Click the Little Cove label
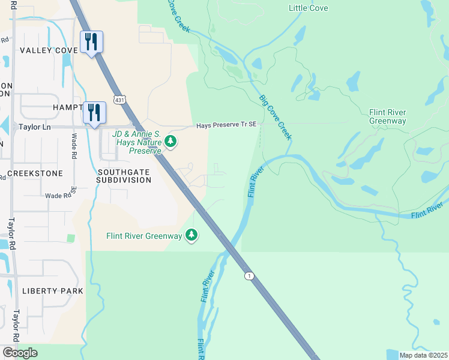tap(309, 8)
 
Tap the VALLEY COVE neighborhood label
tap(49, 50)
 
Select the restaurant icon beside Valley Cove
tap(91, 43)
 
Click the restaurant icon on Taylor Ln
tap(95, 113)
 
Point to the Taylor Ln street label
tap(34, 127)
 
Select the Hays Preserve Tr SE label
tap(227, 125)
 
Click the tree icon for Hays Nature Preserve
tap(171, 142)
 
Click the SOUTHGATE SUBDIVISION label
tap(124, 175)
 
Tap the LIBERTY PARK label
tap(52, 290)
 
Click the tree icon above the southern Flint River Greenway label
tap(191, 235)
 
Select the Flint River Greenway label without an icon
tap(387, 116)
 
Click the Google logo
tap(20, 353)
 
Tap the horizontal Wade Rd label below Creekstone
tap(58, 196)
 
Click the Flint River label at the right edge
tap(427, 211)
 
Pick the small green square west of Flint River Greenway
tap(71, 238)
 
